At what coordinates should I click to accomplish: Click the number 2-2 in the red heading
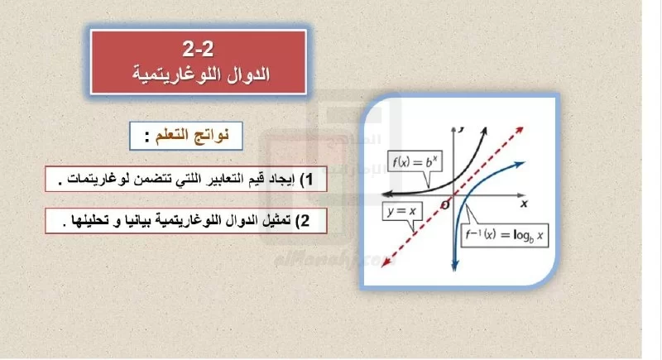coord(198,49)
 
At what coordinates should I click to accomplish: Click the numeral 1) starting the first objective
coord(306,179)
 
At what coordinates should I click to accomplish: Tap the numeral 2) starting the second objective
coord(303,220)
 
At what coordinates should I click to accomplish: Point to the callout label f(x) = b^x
coord(415,161)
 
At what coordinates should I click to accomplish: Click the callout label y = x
coord(401,211)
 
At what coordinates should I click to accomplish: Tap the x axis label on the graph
coord(524,204)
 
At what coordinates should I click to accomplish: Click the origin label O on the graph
coord(444,205)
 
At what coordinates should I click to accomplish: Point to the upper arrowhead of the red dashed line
coord(520,130)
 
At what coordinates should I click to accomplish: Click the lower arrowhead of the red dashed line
coord(385,263)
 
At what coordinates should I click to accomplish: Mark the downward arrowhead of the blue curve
coord(454,266)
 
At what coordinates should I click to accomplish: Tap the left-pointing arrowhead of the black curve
coord(386,194)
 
